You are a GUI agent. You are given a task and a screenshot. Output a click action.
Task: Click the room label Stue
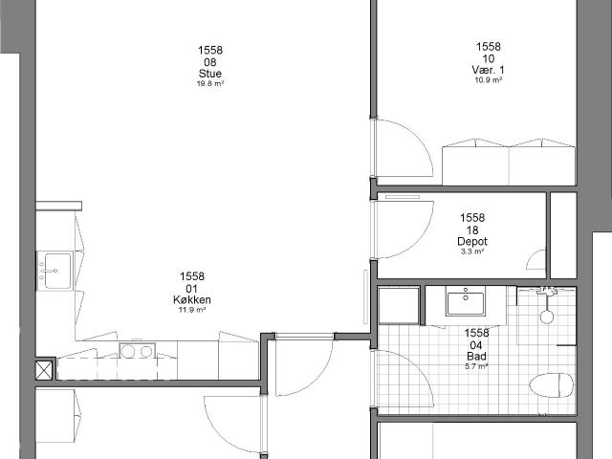tap(210, 74)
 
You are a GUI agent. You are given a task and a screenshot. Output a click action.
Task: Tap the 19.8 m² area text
tap(210, 83)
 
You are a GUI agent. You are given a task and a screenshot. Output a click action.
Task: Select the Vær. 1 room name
tap(489, 70)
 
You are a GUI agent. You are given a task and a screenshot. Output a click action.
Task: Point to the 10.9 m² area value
tap(489, 80)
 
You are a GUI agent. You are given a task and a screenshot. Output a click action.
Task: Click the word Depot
tap(472, 241)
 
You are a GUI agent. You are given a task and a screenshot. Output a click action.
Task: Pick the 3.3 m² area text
tap(472, 251)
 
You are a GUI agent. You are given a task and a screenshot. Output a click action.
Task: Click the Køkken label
tap(192, 299)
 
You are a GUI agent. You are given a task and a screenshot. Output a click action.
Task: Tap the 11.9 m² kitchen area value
tap(192, 310)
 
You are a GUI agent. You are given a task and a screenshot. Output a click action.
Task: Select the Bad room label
tap(476, 356)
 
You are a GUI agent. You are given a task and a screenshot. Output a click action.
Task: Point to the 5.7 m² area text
tap(476, 366)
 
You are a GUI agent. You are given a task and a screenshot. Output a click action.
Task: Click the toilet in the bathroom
tap(552, 385)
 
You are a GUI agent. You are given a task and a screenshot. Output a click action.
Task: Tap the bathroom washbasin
tap(466, 304)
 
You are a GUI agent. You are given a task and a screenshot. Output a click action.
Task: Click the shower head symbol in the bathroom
tap(546, 317)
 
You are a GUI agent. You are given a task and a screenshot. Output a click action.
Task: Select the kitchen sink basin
tap(57, 271)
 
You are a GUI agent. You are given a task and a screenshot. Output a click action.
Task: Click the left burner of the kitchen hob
tap(127, 352)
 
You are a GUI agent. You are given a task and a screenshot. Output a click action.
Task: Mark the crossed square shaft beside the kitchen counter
tap(44, 370)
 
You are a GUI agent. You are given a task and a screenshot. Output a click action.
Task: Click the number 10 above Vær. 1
tap(489, 58)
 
